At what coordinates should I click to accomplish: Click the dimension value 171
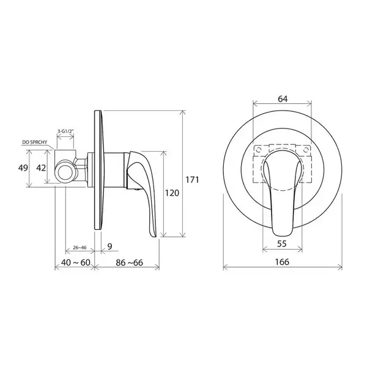(x=192, y=180)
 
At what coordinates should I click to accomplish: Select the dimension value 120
(x=172, y=193)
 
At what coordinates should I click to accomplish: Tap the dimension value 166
(x=282, y=262)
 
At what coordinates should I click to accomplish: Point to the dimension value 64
(x=283, y=99)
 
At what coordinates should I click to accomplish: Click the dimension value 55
(x=282, y=243)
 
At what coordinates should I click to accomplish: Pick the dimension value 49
(x=23, y=168)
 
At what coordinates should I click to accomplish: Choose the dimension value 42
(x=41, y=168)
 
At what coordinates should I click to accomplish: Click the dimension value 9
(x=110, y=246)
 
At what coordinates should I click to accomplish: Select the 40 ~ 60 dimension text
(x=75, y=262)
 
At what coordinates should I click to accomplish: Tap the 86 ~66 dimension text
(x=129, y=262)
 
